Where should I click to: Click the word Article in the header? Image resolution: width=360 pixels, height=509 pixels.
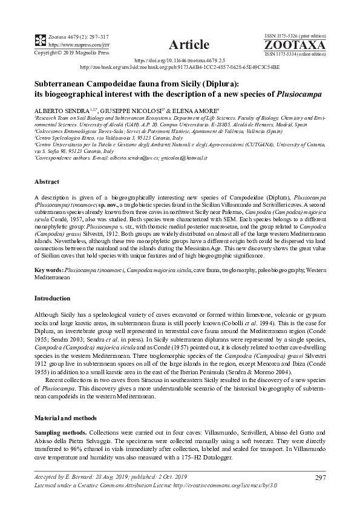pyautogui.click(x=189, y=44)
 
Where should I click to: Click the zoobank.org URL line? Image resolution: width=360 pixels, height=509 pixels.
pyautogui.click(x=180, y=68)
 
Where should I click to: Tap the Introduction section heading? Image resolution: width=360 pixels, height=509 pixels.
pyautogui.click(x=53, y=298)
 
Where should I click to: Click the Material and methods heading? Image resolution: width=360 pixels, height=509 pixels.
pyautogui.click(x=66, y=402)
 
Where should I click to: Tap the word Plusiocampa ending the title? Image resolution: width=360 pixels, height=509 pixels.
pyautogui.click(x=299, y=95)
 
